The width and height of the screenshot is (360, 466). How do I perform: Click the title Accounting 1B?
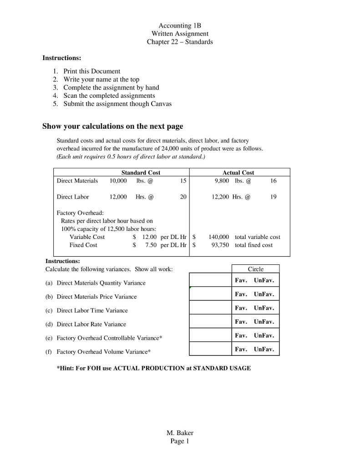pos(180,25)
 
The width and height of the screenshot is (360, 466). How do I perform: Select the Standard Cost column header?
pos(141,172)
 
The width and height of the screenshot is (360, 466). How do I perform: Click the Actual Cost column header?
pos(238,172)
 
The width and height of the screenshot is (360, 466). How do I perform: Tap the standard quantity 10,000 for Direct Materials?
pos(118,181)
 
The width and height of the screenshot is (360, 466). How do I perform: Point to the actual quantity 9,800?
pos(222,181)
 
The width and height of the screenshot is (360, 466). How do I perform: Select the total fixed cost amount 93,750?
pos(220,245)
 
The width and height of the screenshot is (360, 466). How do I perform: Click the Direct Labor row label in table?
pos(73,197)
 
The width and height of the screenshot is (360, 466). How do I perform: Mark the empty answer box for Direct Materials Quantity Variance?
pos(210,280)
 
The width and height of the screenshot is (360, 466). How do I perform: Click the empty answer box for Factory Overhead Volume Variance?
pos(210,349)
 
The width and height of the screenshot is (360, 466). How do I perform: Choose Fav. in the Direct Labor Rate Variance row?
pos(241,322)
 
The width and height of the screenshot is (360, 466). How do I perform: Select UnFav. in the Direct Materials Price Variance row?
pos(264,294)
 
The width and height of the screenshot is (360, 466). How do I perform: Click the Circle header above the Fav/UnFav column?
pos(255,269)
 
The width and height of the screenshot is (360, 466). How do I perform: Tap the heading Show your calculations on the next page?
pos(113,126)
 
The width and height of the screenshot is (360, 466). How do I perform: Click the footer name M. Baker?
pos(180,433)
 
